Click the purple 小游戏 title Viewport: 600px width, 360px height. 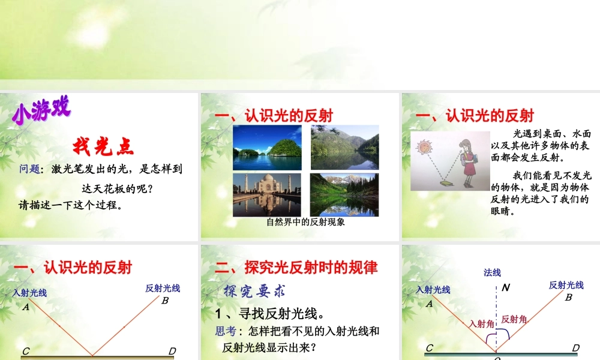click(41, 112)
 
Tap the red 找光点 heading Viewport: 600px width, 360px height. click(103, 145)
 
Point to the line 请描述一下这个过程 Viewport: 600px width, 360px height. click(70, 205)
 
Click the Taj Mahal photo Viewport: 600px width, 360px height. click(267, 194)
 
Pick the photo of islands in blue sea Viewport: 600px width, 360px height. click(267, 148)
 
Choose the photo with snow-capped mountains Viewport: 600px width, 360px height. click(344, 194)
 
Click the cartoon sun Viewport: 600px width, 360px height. click(423, 146)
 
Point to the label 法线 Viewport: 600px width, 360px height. click(492, 272)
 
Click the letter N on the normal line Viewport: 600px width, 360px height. click(506, 287)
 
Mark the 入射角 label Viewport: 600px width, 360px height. click(482, 323)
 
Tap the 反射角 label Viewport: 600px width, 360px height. click(514, 319)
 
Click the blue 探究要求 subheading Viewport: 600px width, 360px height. click(254, 291)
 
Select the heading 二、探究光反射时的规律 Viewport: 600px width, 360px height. click(296, 267)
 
